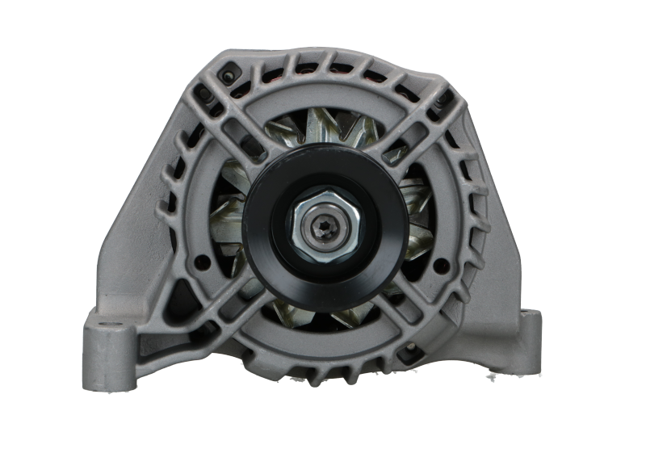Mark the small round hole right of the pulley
coord(441,264)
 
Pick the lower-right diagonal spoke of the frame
coord(416,319)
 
